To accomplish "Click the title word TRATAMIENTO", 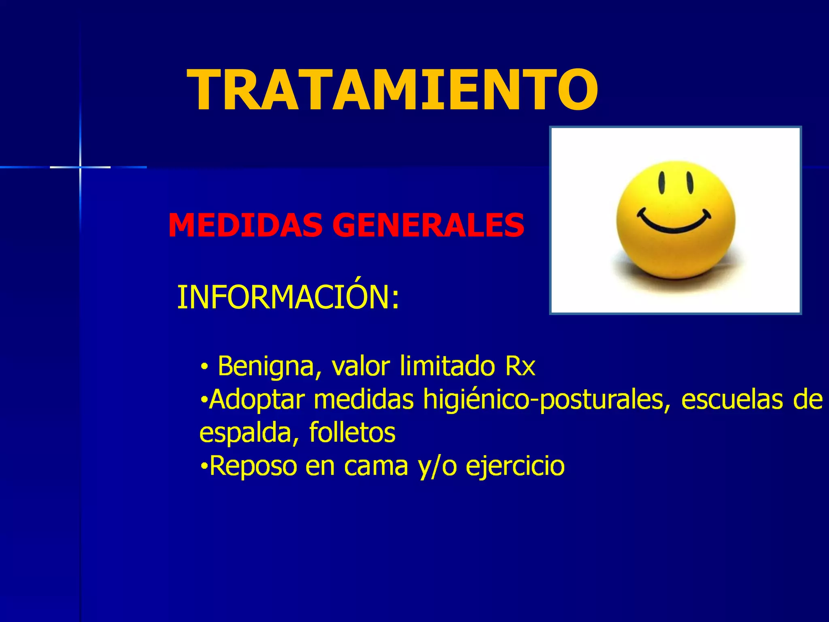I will pos(392,90).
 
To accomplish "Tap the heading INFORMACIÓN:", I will pos(288,298).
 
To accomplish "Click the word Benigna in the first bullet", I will pos(266,366).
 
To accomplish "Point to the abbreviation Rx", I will pos(520,366).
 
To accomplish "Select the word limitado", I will pos(447,366).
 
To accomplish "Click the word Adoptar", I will pos(257,400).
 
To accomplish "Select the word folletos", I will pos(352,432).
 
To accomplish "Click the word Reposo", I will pos(253,466).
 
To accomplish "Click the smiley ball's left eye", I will pos(662,183).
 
